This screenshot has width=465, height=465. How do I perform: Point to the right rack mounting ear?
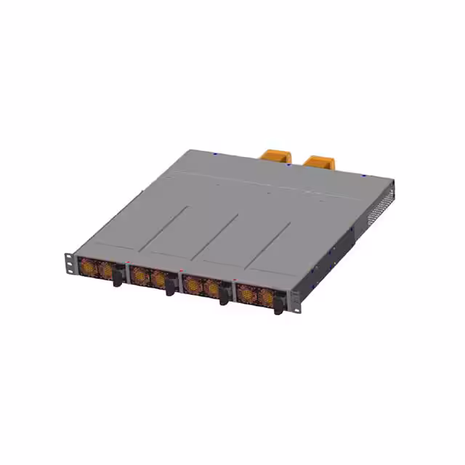coord(295,301)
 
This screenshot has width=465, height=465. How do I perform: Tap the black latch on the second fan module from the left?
coord(169,286)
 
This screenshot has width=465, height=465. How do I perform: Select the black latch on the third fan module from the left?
coord(223,296)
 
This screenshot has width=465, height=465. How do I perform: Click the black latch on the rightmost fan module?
coord(278,305)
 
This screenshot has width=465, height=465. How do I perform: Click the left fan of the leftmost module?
coord(88,266)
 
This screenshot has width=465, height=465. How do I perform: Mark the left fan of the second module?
coord(139,275)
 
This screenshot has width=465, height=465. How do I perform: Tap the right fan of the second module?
coord(158,279)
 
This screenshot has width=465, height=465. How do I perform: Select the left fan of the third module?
coord(193,285)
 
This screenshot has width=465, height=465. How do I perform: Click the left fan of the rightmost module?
coord(247,294)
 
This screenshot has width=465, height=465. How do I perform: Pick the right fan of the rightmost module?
coord(266,298)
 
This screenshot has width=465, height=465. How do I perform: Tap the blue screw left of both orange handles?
coord(216,153)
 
